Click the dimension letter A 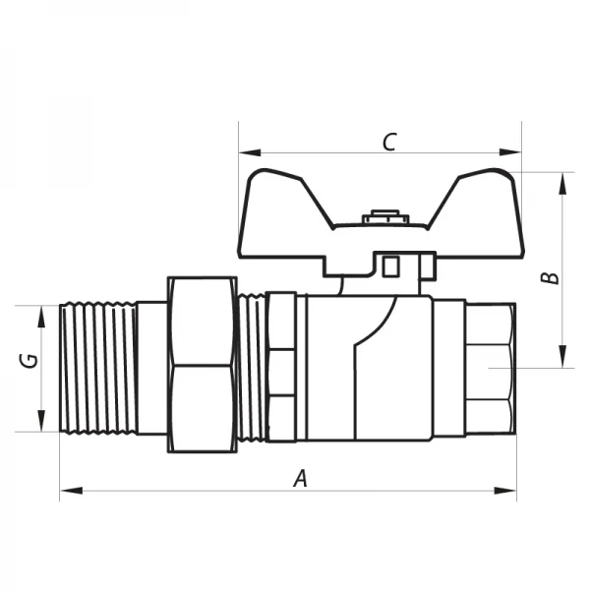click(x=302, y=479)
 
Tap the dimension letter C click(x=388, y=142)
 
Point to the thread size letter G click(x=30, y=360)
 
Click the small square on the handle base click(x=390, y=265)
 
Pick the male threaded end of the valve click(x=98, y=369)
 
